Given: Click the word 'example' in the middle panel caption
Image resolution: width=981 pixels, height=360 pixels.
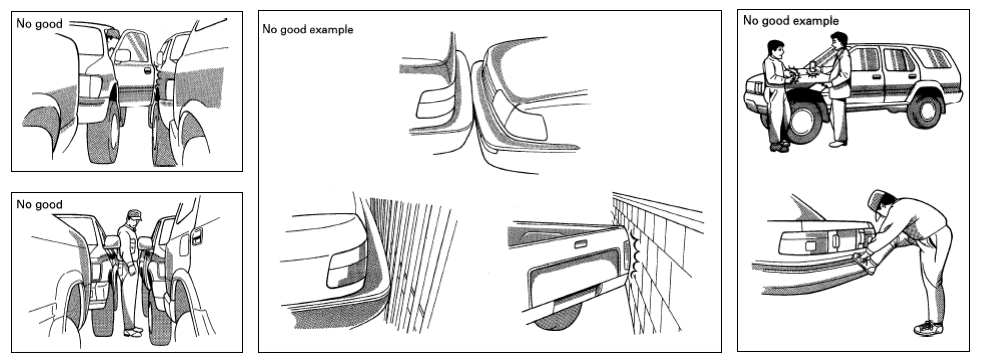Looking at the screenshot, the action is (332, 29).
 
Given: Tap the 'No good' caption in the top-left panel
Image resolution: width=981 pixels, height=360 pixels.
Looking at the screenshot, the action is (39, 24).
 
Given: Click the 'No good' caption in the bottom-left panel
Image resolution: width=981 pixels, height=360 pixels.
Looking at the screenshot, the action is (39, 204).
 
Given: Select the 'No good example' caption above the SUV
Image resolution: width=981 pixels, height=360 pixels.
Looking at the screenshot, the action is (791, 21).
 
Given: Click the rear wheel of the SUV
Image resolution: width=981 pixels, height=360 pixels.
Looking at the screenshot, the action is (924, 110).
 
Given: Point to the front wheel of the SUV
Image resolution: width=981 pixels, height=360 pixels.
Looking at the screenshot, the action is (805, 121).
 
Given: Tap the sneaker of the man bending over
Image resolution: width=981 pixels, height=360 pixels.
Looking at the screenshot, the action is (928, 327).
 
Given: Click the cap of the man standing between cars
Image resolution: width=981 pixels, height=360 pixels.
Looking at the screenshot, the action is (134, 214).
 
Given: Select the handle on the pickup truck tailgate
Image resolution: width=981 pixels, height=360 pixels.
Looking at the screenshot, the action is (580, 244).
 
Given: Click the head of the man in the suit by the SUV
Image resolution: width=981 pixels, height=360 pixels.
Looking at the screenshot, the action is (839, 41).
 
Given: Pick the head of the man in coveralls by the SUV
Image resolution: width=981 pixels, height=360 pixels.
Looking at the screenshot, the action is (775, 49).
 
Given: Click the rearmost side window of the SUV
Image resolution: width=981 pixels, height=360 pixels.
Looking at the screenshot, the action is (932, 58).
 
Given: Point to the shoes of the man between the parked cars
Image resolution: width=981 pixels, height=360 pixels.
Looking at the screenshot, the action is (133, 331).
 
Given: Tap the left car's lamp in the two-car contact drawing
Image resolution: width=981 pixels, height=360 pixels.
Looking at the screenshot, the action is (435, 104).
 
